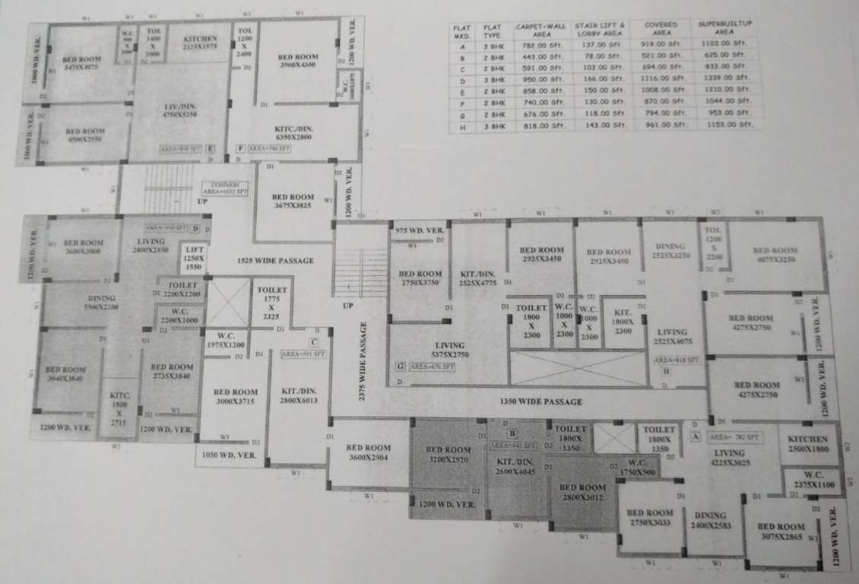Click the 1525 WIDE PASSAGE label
[275, 261]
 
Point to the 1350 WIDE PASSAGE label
[540, 401]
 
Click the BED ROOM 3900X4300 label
[297, 61]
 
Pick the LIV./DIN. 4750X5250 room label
[179, 109]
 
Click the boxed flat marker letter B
[512, 433]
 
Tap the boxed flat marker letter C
[313, 342]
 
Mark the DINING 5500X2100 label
[101, 303]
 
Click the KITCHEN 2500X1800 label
[807, 444]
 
